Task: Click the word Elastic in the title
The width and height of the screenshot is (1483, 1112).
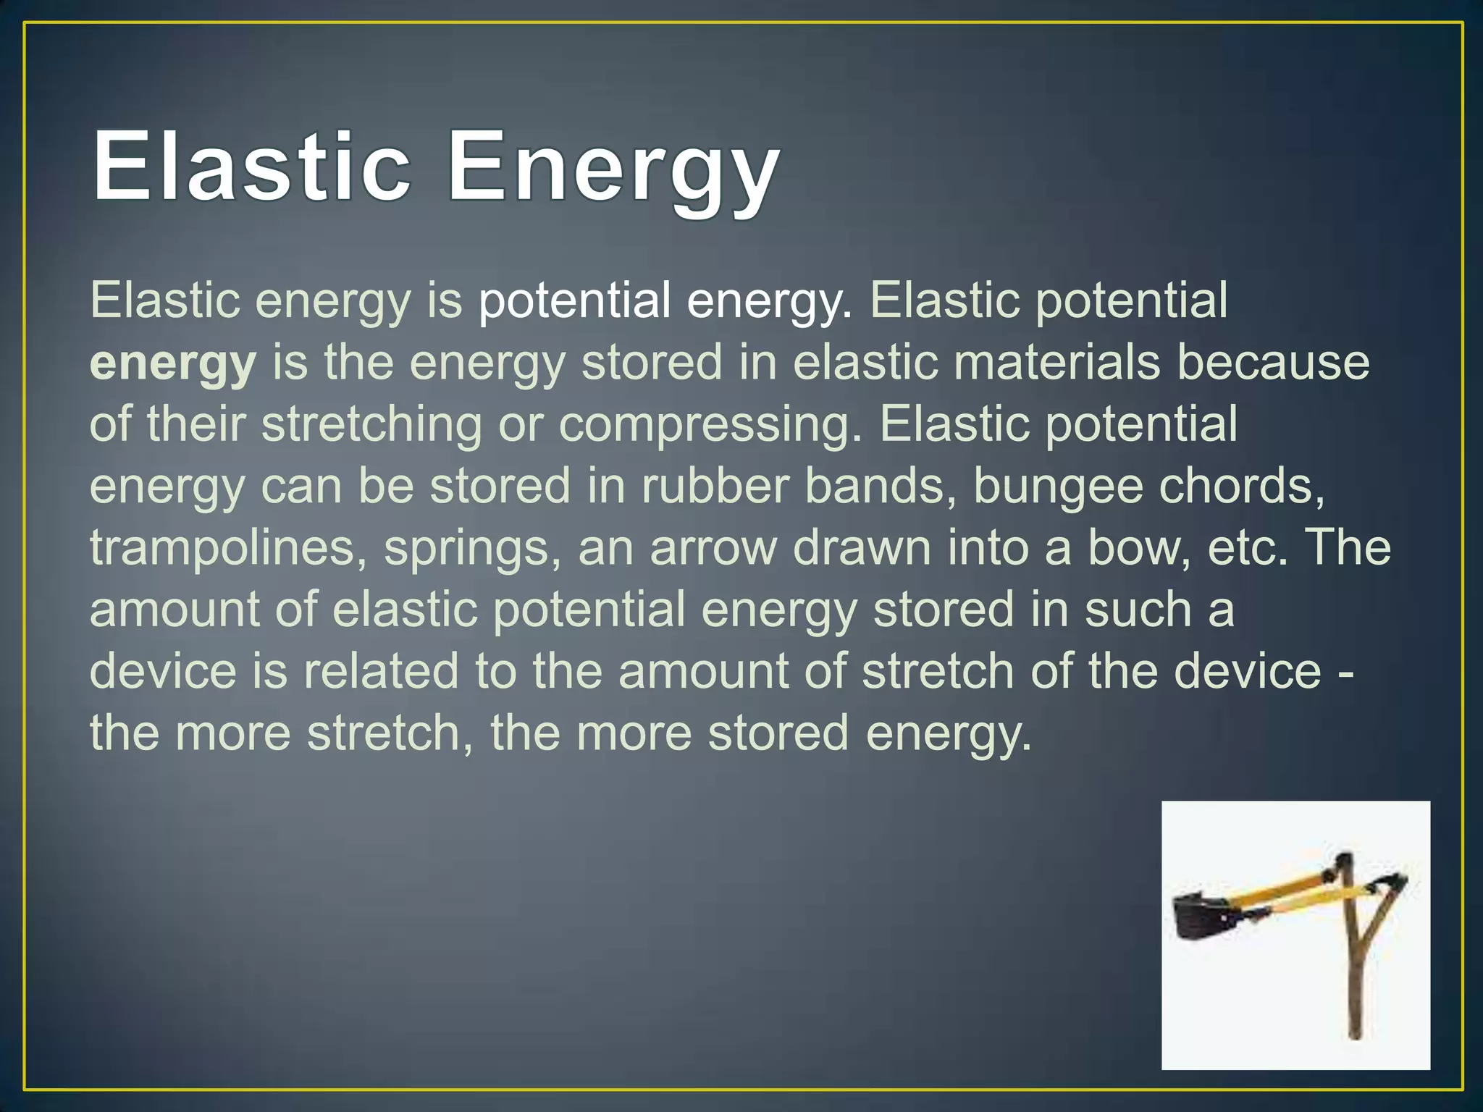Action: (x=250, y=168)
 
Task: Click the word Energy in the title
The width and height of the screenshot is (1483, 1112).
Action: (x=613, y=174)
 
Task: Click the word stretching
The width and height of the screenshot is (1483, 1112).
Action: (x=371, y=426)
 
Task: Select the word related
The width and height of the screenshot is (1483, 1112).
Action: (x=381, y=671)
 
